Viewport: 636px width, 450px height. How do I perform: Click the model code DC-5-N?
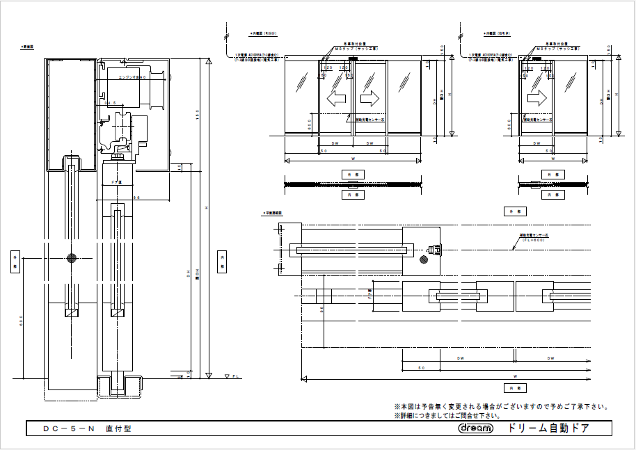tap(67, 429)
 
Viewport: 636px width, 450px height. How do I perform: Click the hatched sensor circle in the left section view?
tap(72, 259)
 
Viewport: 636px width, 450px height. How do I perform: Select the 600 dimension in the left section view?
tap(21, 321)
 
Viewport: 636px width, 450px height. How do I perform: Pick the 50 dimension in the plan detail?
tap(421, 367)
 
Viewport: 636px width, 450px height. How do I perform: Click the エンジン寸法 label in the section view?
tap(130, 78)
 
